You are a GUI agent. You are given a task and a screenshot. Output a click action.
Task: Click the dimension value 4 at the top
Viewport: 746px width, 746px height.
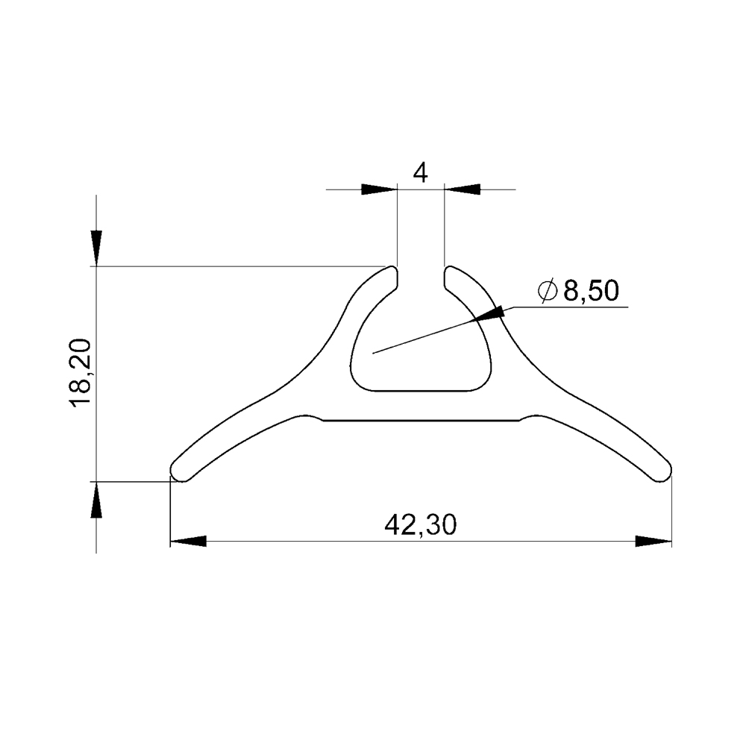pyautogui.click(x=420, y=172)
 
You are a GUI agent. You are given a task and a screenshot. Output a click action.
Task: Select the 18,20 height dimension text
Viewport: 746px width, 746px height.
pyautogui.click(x=80, y=372)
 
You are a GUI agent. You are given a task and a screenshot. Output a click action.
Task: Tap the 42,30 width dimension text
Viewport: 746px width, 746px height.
pyautogui.click(x=421, y=524)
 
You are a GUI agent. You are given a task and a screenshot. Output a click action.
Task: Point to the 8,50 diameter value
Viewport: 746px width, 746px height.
pyautogui.click(x=591, y=291)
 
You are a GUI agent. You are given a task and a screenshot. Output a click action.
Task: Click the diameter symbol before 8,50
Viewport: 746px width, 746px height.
pyautogui.click(x=547, y=291)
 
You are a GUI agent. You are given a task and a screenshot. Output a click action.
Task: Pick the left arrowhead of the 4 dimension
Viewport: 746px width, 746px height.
pyautogui.click(x=379, y=189)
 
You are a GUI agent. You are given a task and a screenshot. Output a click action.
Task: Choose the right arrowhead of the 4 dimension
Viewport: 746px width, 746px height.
pyautogui.click(x=462, y=189)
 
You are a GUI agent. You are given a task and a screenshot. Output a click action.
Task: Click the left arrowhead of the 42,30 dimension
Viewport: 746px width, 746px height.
pyautogui.click(x=188, y=541)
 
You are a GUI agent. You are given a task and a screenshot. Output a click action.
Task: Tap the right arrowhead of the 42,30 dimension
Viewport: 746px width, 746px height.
pyautogui.click(x=653, y=541)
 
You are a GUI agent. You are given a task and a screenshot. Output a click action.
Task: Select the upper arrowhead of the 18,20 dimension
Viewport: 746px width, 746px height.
pyautogui.click(x=96, y=248)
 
